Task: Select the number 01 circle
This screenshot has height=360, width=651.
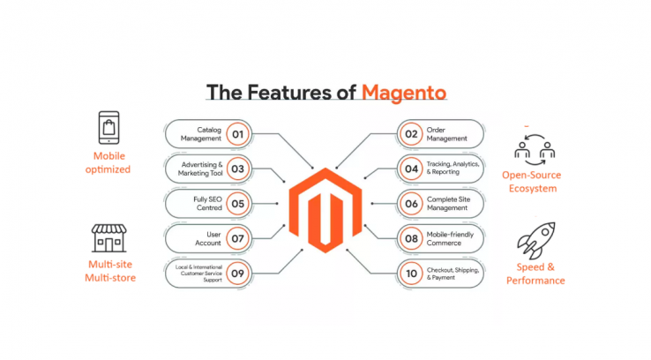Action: click(236, 135)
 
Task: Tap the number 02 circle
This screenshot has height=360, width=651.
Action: click(413, 135)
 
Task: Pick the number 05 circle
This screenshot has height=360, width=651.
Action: click(236, 204)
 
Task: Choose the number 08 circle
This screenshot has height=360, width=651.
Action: click(413, 238)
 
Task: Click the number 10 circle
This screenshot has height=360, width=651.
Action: click(413, 273)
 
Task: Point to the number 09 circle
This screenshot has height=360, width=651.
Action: click(236, 273)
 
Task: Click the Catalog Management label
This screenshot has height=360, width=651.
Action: click(201, 134)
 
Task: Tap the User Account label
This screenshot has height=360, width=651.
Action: click(206, 238)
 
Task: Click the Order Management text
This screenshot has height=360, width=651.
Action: click(448, 134)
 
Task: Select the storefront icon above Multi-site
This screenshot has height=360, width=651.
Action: click(109, 238)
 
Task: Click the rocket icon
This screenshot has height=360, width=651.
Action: click(535, 238)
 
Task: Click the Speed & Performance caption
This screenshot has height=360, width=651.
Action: click(535, 274)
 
